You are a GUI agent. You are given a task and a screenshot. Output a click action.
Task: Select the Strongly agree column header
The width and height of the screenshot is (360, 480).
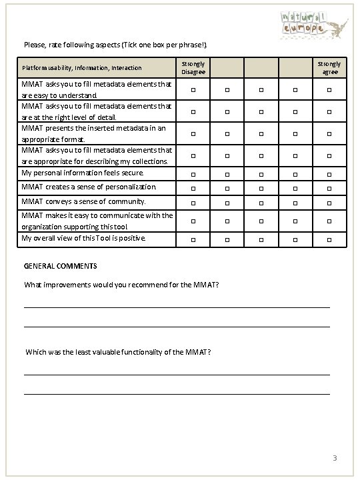[330, 68]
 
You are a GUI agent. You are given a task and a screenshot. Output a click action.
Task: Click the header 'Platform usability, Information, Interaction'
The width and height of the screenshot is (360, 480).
[82, 68]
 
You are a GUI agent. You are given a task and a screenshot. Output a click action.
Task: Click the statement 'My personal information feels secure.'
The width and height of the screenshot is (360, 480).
[83, 172]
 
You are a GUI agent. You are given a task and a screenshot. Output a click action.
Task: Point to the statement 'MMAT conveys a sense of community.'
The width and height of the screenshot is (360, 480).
[84, 201]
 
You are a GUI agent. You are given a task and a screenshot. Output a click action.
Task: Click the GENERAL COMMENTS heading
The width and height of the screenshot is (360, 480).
[61, 265]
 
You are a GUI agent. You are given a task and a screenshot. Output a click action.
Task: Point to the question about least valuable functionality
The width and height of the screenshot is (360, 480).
[119, 351]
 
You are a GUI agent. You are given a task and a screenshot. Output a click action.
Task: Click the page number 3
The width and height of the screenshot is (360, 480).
[335, 458]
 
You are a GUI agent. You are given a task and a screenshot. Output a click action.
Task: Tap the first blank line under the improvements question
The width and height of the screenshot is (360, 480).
[177, 306]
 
